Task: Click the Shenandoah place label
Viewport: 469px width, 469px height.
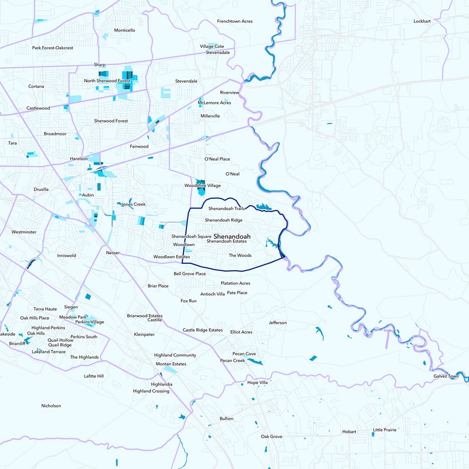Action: pyautogui.click(x=228, y=236)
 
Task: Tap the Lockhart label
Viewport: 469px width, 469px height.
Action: pyautogui.click(x=422, y=21)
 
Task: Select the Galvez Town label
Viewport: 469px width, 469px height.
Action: pyautogui.click(x=446, y=376)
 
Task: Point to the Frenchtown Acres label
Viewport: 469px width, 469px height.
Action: pyautogui.click(x=235, y=21)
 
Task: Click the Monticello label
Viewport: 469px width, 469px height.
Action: pyautogui.click(x=124, y=30)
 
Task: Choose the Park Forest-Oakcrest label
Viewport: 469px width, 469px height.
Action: pyautogui.click(x=53, y=48)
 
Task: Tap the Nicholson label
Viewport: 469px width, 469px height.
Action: pyautogui.click(x=51, y=406)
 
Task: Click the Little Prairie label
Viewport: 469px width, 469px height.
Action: pyautogui.click(x=385, y=430)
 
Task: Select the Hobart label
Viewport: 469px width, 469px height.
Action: pyautogui.click(x=349, y=431)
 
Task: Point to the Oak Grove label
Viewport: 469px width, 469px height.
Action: pyautogui.click(x=271, y=437)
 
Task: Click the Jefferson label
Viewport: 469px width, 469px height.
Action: pyautogui.click(x=278, y=323)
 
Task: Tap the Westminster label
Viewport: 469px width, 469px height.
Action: pyautogui.click(x=23, y=232)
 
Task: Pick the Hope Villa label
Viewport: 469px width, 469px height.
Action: pyautogui.click(x=257, y=382)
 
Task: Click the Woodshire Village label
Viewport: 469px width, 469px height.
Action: pyautogui.click(x=202, y=185)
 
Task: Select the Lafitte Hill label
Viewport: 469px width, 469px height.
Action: pyautogui.click(x=94, y=376)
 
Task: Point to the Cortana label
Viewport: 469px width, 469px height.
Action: pyautogui.click(x=36, y=86)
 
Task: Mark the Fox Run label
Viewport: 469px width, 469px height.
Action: pyautogui.click(x=189, y=301)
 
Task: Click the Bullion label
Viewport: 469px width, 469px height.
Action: pyautogui.click(x=226, y=419)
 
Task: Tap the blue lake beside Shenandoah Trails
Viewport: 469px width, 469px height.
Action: pyautogui.click(x=261, y=207)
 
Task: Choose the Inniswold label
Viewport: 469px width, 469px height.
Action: pyautogui.click(x=66, y=256)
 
